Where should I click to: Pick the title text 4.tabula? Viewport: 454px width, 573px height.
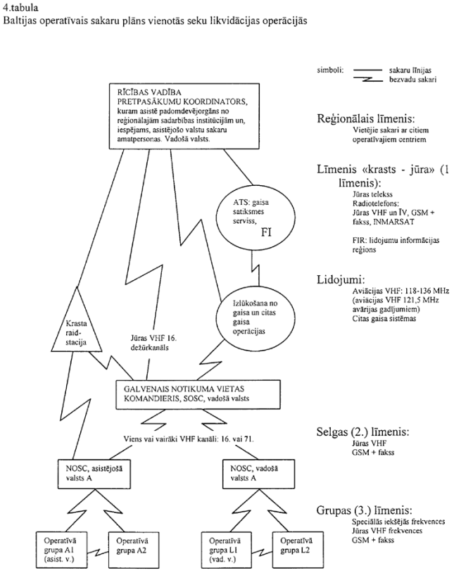pyautogui.click(x=19, y=6)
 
